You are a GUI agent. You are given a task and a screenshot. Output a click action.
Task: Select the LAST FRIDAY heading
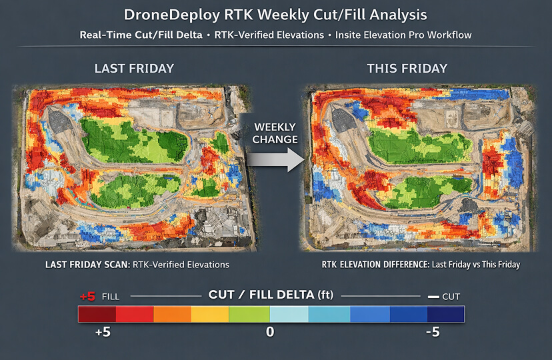pos(134,69)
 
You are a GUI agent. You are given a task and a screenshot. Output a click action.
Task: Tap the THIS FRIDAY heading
pos(407,69)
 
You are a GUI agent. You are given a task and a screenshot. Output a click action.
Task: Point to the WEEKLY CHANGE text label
pos(275,133)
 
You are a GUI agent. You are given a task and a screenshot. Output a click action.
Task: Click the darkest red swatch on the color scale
pos(97,314)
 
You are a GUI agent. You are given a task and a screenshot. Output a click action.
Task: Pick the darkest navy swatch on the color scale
pos(445,314)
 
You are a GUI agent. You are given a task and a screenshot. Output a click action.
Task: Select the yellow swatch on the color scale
pos(209,314)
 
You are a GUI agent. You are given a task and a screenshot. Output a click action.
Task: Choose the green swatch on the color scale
pos(249,314)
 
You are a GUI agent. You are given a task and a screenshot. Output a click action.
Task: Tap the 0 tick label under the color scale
pos(270,332)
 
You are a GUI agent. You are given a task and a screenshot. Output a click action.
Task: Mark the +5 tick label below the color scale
pos(103,332)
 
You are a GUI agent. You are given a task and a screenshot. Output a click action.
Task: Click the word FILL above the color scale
pos(111,296)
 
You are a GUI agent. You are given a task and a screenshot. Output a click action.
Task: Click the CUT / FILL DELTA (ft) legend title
pos(271,295)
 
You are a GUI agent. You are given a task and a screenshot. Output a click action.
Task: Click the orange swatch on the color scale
pos(172,314)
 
